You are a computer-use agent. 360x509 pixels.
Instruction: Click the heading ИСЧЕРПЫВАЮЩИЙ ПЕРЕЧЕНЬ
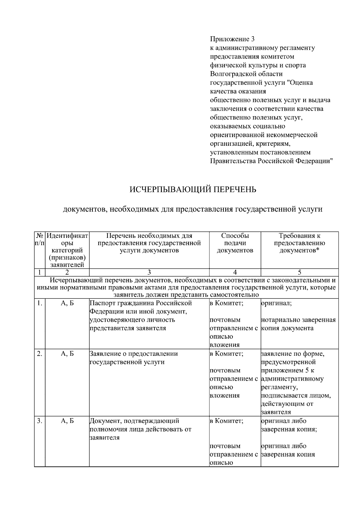[193, 190]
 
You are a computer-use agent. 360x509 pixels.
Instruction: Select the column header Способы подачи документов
[235, 243]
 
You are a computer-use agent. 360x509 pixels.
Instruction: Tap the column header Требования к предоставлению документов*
[299, 243]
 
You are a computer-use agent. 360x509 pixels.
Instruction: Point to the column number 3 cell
[149, 272]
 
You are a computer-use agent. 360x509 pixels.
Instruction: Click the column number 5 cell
[299, 272]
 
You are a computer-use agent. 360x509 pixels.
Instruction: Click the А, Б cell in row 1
[67, 303]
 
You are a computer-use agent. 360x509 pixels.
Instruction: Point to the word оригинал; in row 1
[276, 303]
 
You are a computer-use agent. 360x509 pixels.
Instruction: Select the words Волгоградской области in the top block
[246, 74]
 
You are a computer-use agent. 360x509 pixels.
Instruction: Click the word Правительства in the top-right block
[232, 161]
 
